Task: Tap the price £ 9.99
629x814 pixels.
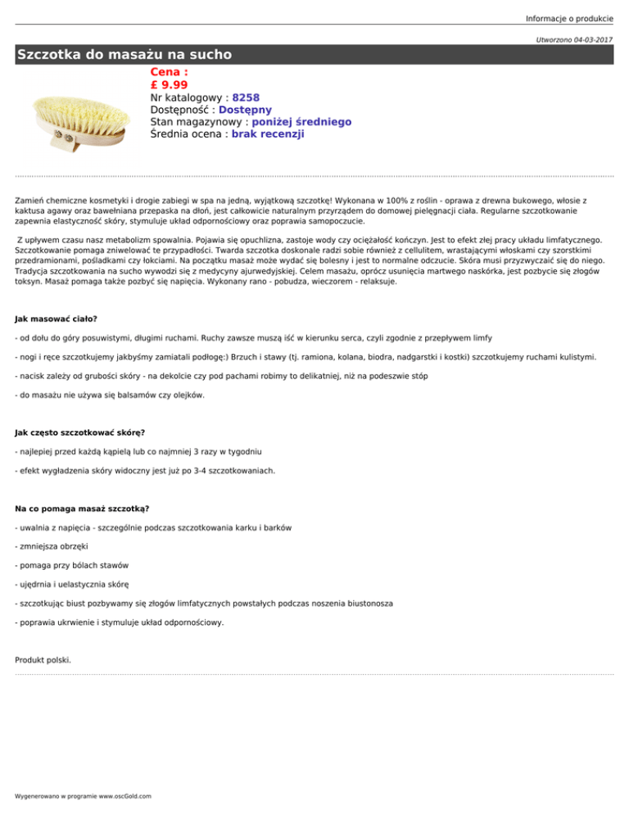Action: pyautogui.click(x=170, y=84)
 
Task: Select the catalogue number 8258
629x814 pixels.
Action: pyautogui.click(x=246, y=97)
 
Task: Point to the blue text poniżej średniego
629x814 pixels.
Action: pyautogui.click(x=284, y=122)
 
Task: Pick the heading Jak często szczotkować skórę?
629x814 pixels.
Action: pyautogui.click(x=80, y=431)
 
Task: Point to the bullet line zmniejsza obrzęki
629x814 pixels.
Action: pyautogui.click(x=54, y=545)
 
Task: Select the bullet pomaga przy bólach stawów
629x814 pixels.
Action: pyautogui.click(x=71, y=565)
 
